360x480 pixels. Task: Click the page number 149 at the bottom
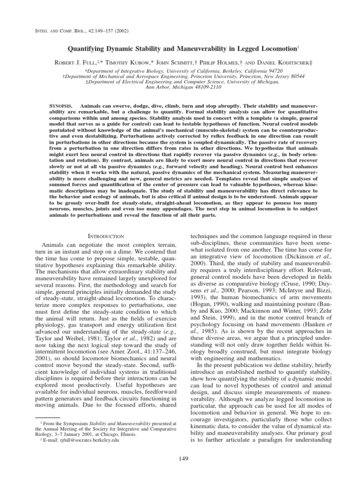click(x=180, y=458)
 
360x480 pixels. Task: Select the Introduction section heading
click(x=106, y=236)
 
